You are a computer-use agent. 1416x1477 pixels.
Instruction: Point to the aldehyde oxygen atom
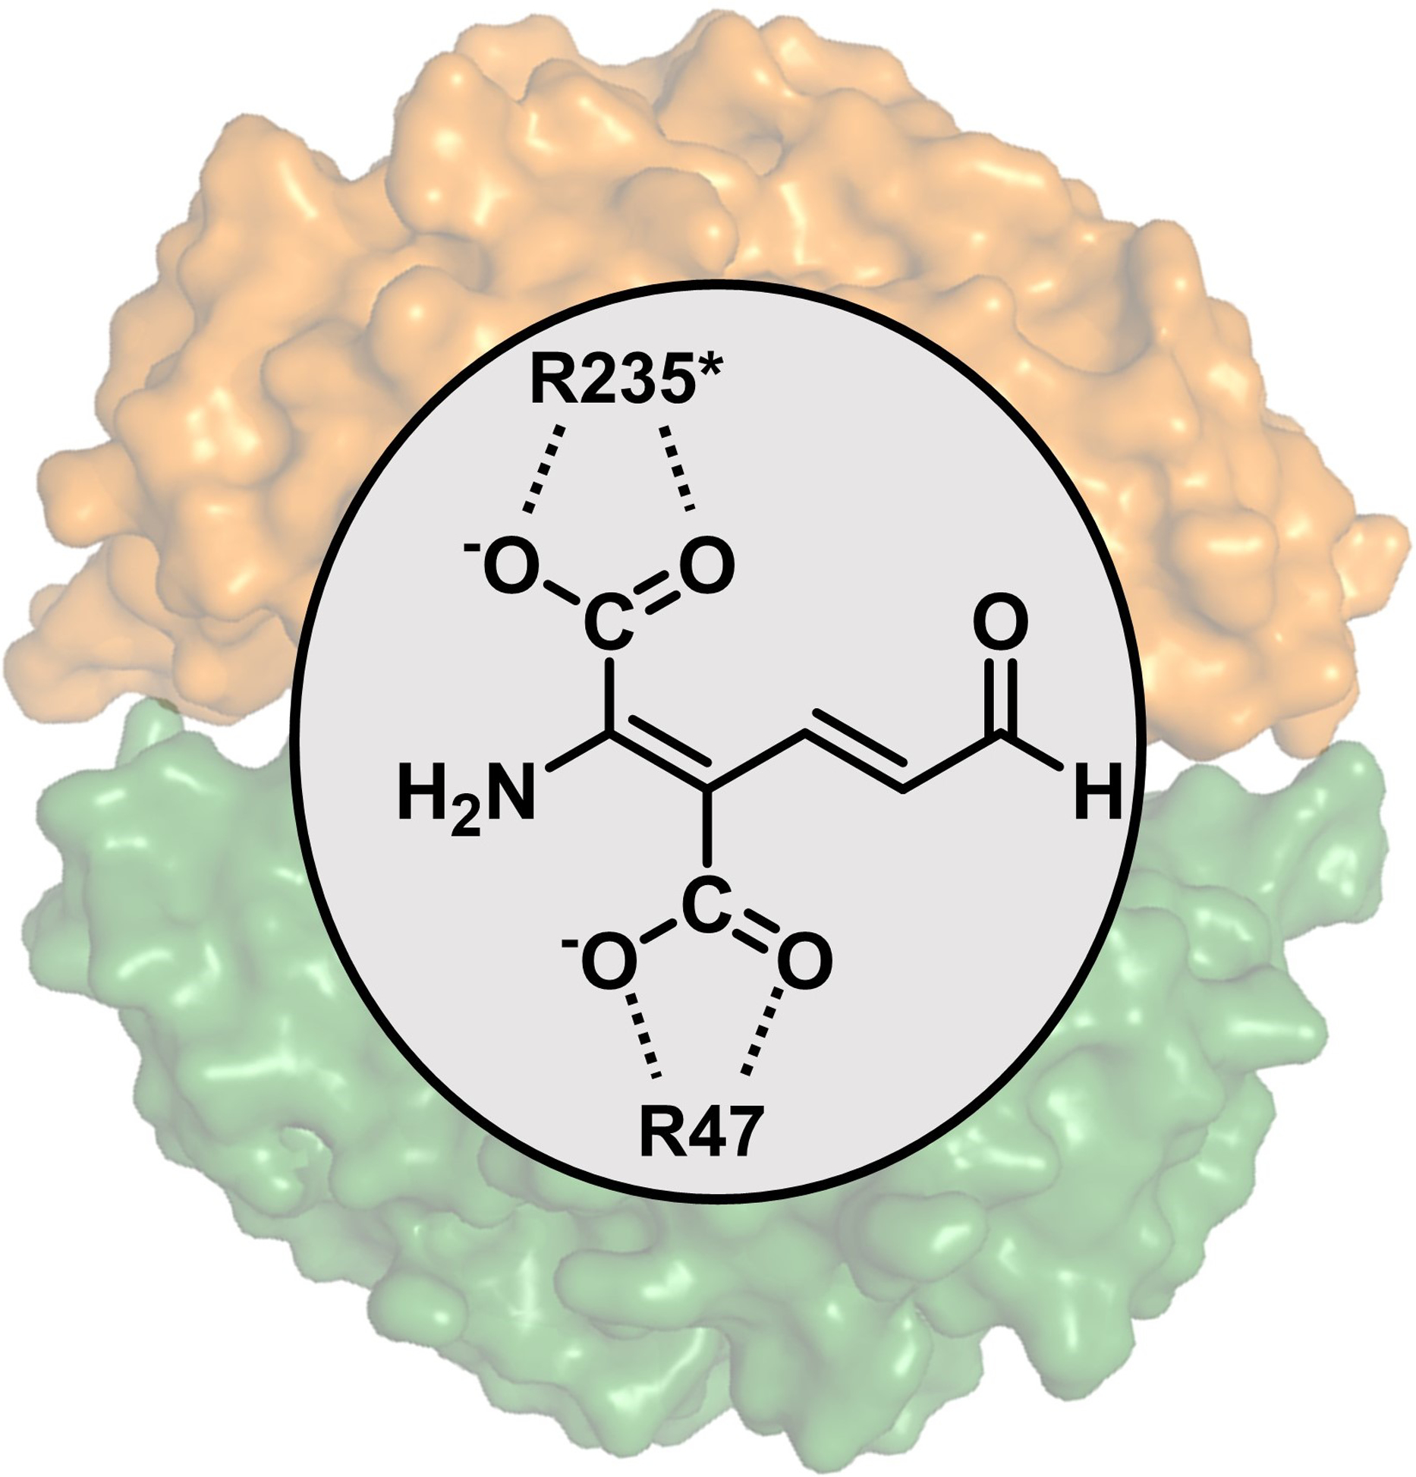pyautogui.click(x=1001, y=625)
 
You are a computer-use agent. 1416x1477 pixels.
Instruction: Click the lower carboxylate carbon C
pyautogui.click(x=706, y=906)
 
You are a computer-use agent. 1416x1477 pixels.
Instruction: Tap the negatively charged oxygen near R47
pyautogui.click(x=608, y=962)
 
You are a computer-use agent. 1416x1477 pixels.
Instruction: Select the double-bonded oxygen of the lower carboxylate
pyautogui.click(x=804, y=962)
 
